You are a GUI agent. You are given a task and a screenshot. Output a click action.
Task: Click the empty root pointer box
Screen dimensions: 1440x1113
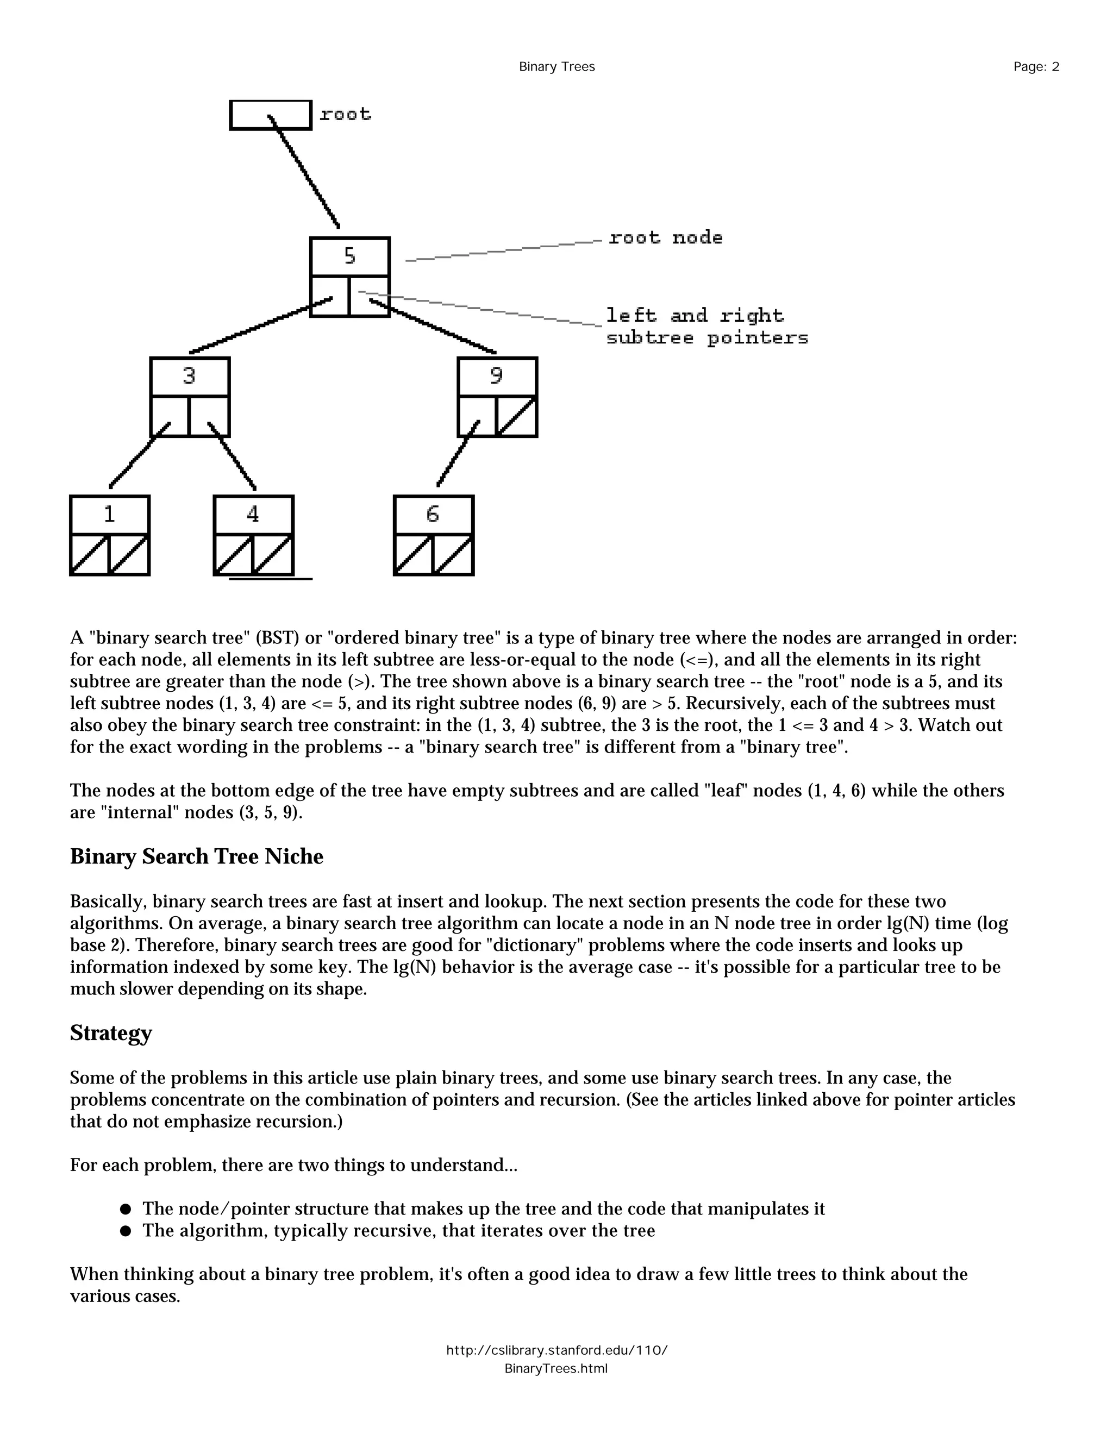(270, 115)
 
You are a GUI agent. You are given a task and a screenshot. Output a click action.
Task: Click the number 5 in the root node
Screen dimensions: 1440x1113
(349, 256)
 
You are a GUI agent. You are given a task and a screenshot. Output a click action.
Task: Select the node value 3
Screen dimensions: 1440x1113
(189, 376)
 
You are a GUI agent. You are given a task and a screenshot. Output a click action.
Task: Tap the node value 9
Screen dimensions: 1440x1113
(497, 376)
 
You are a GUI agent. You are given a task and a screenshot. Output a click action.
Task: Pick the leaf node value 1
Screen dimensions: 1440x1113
(109, 514)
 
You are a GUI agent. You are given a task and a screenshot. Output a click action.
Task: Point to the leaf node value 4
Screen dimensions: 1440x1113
(253, 514)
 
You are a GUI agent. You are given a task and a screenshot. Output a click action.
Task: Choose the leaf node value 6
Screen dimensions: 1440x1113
(433, 514)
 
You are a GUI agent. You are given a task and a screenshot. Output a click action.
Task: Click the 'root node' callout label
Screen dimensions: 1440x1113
(665, 237)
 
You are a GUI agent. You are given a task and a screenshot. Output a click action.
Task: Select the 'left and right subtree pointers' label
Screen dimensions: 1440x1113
(705, 327)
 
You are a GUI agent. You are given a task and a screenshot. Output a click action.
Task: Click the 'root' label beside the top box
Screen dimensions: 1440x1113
(345, 115)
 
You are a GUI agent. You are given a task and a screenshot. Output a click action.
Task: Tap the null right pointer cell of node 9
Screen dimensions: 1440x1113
(517, 416)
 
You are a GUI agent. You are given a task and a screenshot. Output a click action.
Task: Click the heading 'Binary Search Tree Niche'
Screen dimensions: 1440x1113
(197, 856)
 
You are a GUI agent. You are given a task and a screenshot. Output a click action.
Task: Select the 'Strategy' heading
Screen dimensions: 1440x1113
(111, 1032)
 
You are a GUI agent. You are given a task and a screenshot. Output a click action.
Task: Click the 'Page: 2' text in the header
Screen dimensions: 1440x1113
(1036, 67)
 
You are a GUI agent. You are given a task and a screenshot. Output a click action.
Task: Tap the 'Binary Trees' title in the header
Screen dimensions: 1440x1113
(556, 67)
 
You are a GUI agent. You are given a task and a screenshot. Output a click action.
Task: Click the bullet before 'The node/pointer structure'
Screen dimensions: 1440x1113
(126, 1209)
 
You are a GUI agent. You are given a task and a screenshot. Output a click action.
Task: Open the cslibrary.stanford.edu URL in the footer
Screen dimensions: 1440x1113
(556, 1350)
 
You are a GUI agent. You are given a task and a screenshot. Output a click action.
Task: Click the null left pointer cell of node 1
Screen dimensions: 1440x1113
(90, 555)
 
